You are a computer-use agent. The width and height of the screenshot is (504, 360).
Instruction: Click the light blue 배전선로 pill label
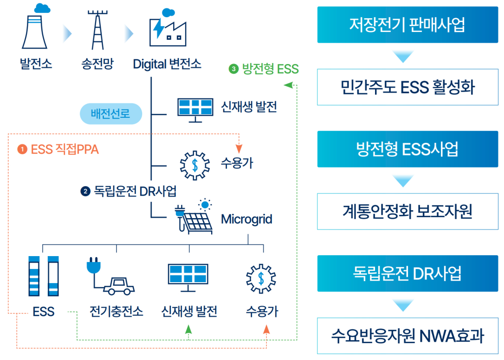(111, 114)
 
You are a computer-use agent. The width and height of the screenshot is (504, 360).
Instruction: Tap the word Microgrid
(247, 219)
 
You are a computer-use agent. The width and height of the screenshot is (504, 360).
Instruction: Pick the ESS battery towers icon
(44, 276)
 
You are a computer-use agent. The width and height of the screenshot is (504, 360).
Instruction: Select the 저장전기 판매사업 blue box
(408, 25)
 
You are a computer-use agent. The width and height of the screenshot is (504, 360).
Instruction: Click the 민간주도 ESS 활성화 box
(408, 87)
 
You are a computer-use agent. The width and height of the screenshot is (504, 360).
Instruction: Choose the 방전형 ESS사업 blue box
(408, 149)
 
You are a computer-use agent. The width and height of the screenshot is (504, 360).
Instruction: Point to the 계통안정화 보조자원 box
(408, 211)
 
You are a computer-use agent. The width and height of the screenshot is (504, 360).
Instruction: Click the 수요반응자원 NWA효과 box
(408, 336)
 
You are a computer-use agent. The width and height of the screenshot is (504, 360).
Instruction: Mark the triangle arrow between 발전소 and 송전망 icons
(67, 34)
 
